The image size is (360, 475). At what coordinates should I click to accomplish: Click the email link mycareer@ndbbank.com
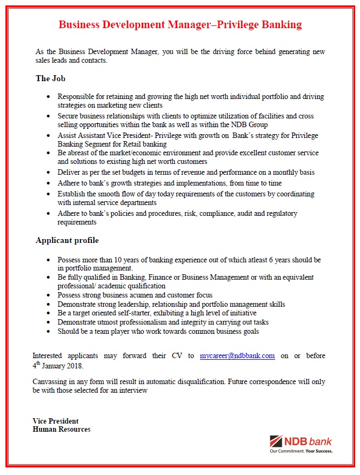click(237, 355)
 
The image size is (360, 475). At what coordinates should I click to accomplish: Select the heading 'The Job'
click(50, 78)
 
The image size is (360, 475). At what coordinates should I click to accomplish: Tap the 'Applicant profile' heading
click(67, 240)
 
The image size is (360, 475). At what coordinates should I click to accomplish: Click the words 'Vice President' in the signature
click(55, 421)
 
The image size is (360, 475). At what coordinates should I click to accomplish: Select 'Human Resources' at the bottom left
click(61, 429)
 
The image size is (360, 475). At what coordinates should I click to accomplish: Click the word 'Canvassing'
click(51, 381)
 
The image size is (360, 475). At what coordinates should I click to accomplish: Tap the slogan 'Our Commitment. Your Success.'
click(302, 451)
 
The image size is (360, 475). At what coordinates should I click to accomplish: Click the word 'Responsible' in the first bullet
click(76, 96)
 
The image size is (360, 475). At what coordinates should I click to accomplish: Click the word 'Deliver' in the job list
click(69, 172)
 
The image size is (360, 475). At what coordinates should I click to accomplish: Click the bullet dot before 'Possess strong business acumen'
click(49, 295)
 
